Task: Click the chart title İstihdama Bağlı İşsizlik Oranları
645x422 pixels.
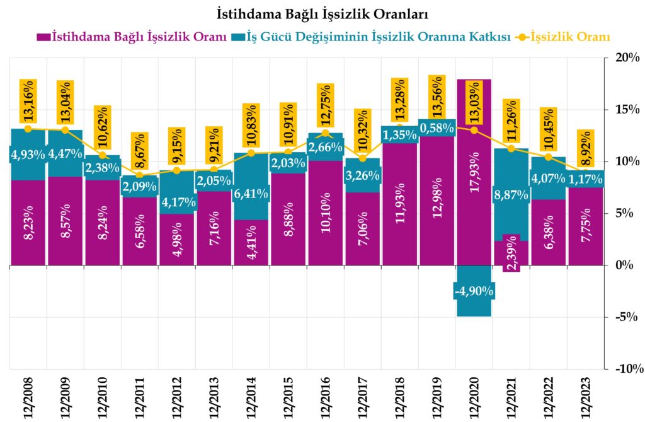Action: coord(322,13)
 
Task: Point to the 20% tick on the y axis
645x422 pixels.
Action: coord(624,57)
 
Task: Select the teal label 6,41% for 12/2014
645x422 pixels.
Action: coord(251,194)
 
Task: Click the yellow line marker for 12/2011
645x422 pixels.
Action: coord(140,175)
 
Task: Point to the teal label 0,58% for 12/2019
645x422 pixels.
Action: coord(437,127)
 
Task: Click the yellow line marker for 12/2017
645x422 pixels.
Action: coord(362,158)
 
